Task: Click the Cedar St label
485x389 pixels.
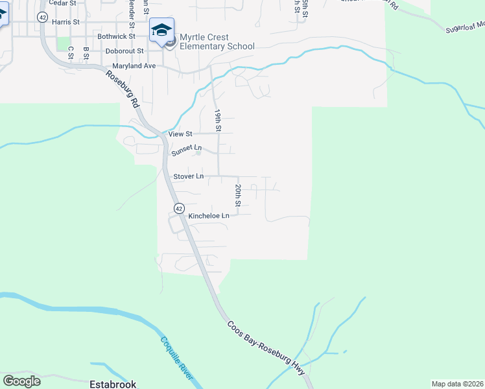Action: [x=62, y=3]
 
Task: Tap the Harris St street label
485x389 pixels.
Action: [x=65, y=21]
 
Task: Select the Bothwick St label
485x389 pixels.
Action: [x=115, y=36]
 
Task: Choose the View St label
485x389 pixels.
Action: [x=180, y=134]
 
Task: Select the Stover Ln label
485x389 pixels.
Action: [x=189, y=176]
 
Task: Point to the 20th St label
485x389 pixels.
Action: [x=238, y=195]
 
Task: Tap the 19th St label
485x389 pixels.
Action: [x=219, y=120]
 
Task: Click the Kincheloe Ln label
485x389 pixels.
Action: [x=209, y=216]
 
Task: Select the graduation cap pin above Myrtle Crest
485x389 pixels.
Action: [x=162, y=30]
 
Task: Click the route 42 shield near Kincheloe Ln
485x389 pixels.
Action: [x=178, y=207]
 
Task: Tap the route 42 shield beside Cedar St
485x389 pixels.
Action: [x=42, y=16]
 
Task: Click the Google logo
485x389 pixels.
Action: [x=21, y=381]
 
